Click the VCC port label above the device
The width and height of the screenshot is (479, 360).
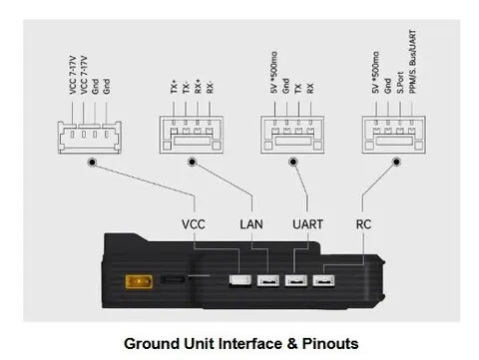[194, 224]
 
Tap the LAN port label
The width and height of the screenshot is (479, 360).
[251, 224]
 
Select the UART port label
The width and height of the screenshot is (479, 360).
[307, 224]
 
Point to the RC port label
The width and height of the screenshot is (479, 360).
[363, 224]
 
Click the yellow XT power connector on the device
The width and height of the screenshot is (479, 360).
[139, 282]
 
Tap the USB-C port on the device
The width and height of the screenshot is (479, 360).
[173, 279]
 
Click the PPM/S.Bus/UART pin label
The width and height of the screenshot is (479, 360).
[412, 62]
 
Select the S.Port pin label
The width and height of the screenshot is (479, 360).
[400, 83]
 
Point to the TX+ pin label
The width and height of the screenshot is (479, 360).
[174, 87]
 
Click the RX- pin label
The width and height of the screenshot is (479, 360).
[210, 87]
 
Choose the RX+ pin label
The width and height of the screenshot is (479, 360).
[198, 87]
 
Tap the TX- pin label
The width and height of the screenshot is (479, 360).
[186, 87]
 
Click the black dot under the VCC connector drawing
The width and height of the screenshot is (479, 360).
[92, 163]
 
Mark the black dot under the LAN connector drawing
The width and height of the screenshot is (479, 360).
[192, 162]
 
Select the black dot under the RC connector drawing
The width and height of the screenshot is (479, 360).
[396, 162]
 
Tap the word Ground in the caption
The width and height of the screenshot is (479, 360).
[152, 344]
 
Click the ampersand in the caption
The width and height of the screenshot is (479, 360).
[292, 344]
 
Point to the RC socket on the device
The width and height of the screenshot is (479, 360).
[323, 281]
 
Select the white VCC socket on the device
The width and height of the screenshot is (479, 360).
[239, 280]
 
